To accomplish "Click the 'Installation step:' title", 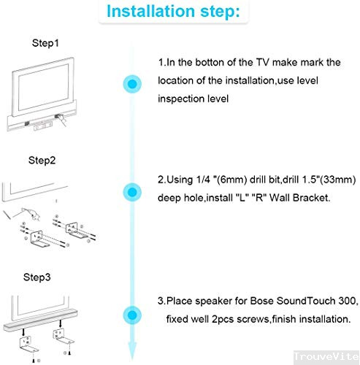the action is coord(173,12).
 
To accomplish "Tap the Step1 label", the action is coord(45,43).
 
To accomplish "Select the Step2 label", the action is coord(42,161).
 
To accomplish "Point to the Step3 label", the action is coord(37,277).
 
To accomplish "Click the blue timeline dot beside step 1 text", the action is coord(132,84).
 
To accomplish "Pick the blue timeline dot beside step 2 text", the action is coord(132,192).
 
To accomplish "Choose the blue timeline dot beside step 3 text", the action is coord(132,315).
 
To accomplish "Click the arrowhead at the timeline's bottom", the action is coord(132,352).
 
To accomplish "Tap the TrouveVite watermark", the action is coord(326,356).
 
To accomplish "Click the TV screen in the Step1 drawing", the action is coord(43,87).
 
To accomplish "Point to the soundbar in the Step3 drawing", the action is coord(40,320).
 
